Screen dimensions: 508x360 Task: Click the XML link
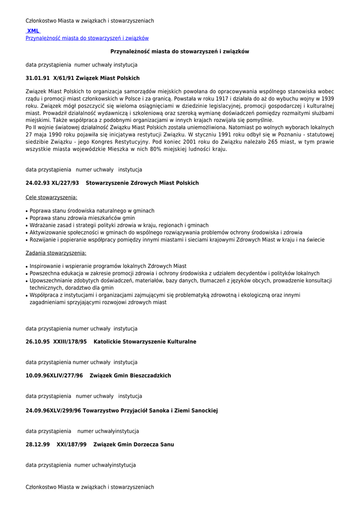tap(33, 31)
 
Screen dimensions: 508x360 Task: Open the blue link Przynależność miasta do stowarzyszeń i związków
tap(87, 38)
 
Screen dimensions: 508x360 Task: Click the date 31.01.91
tap(37, 78)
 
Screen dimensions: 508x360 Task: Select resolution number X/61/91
tap(63, 78)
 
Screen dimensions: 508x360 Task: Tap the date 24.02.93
tap(37, 183)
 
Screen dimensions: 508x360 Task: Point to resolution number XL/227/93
tap(65, 183)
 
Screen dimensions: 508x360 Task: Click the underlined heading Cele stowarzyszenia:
tap(52, 197)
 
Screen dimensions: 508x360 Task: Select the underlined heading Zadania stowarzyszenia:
tap(56, 253)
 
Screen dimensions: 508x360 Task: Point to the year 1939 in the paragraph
tap(325, 99)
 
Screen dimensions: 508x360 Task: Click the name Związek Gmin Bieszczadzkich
tap(130, 376)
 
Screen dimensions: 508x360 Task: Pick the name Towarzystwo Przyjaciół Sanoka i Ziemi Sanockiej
tap(150, 411)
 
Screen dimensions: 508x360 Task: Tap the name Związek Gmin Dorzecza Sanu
tap(134, 444)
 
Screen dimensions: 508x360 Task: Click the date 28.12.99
tap(38, 444)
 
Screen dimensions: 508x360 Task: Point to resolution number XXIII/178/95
tap(70, 342)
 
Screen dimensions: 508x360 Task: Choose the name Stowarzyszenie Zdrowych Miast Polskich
tap(142, 183)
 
